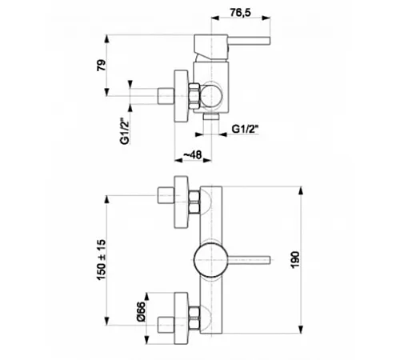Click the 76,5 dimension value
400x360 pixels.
(x=240, y=12)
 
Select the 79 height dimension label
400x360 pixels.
(x=101, y=65)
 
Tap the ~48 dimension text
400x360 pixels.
(x=193, y=154)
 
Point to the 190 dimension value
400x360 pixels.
(x=295, y=259)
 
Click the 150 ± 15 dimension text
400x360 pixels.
(x=101, y=259)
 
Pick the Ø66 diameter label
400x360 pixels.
(x=141, y=311)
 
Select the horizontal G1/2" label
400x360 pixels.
(x=246, y=129)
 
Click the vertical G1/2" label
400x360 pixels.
(x=125, y=131)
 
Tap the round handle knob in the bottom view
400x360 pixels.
(x=210, y=260)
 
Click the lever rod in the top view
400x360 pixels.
(x=250, y=41)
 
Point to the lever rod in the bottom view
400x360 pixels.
(x=249, y=260)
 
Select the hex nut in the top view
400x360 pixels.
(x=194, y=96)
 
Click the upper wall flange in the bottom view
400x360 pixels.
(x=181, y=202)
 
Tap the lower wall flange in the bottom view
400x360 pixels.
(x=181, y=318)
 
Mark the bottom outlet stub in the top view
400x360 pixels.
(x=211, y=116)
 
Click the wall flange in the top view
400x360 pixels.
(x=181, y=96)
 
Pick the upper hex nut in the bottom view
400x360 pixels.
(x=194, y=202)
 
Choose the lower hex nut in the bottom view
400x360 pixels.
(x=194, y=318)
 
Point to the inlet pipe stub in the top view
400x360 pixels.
(x=166, y=96)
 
